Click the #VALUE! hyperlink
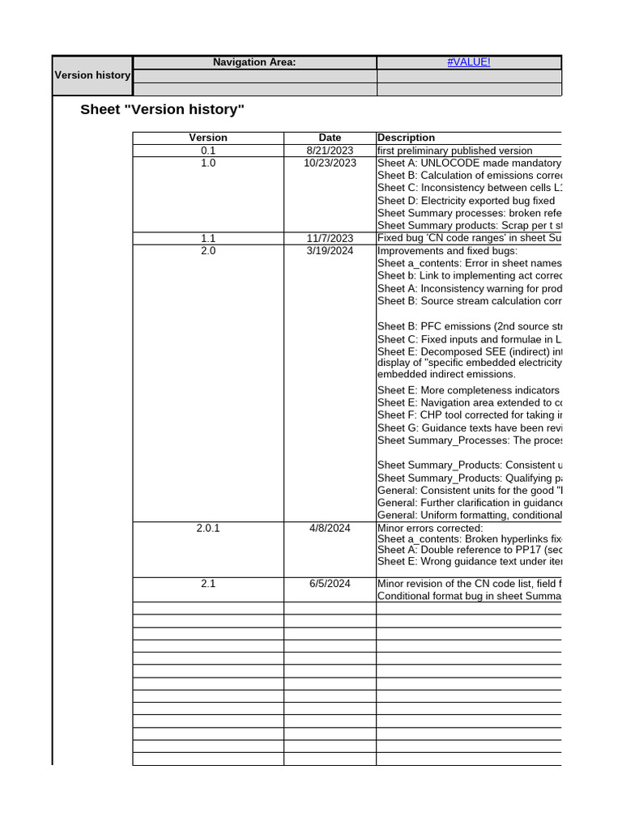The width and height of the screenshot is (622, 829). pos(469,62)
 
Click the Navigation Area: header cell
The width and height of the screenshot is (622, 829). pos(254,62)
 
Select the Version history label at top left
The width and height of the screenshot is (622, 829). pos(92,75)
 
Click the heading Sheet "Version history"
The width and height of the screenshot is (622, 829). pos(162,110)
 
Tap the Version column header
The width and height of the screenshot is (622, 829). pos(208,138)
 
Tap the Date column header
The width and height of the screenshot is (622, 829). pos(330,138)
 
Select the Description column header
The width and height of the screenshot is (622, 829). pos(406,138)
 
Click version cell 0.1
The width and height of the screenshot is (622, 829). pos(208,151)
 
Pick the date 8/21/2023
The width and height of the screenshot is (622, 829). pos(330,151)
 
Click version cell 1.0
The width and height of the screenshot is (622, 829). pos(208,163)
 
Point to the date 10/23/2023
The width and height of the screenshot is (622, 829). pos(330,163)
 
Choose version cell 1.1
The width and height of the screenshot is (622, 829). pos(208,238)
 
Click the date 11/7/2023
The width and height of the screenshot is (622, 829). pos(330,238)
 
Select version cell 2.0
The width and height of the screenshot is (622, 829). pos(208,251)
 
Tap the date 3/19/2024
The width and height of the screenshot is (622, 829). pos(330,251)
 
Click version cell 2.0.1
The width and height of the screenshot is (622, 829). pos(208,528)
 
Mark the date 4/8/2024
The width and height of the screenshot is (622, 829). pos(330,528)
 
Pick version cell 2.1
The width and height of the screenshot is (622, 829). pos(208,584)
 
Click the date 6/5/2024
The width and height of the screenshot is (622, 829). pos(330,584)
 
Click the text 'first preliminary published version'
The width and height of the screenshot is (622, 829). pos(455,151)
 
